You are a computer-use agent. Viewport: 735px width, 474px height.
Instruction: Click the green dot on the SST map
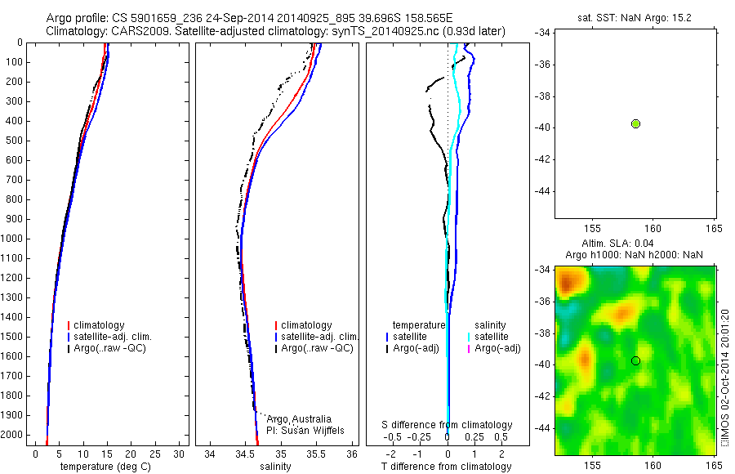coord(635,123)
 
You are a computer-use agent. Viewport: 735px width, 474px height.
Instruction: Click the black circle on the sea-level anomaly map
coord(635,360)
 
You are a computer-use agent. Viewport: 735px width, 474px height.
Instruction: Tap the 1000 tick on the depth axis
coord(12,239)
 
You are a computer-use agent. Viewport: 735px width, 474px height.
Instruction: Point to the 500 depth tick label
coord(12,141)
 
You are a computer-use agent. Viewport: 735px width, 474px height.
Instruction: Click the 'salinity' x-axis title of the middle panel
coord(275,467)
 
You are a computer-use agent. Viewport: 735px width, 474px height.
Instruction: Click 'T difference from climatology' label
coord(446,467)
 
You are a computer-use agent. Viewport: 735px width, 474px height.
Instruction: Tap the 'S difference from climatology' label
coord(448,425)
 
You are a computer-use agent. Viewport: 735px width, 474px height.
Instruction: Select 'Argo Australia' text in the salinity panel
coord(300,419)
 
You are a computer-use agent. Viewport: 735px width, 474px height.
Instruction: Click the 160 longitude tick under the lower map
coord(653,463)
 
